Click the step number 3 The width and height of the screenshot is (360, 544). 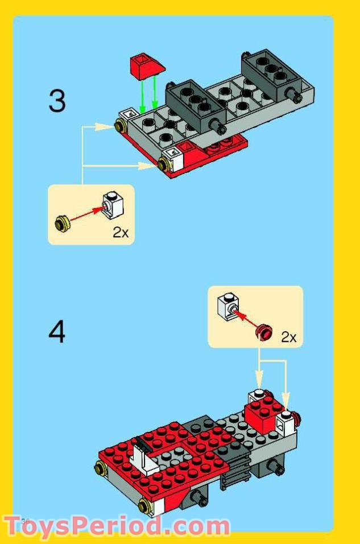[x=57, y=101]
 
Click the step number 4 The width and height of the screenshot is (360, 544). [x=56, y=333]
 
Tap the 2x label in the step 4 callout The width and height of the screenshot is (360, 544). [x=288, y=337]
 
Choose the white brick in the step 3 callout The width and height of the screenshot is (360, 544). [x=111, y=206]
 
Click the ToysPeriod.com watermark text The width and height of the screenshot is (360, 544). [x=117, y=525]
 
